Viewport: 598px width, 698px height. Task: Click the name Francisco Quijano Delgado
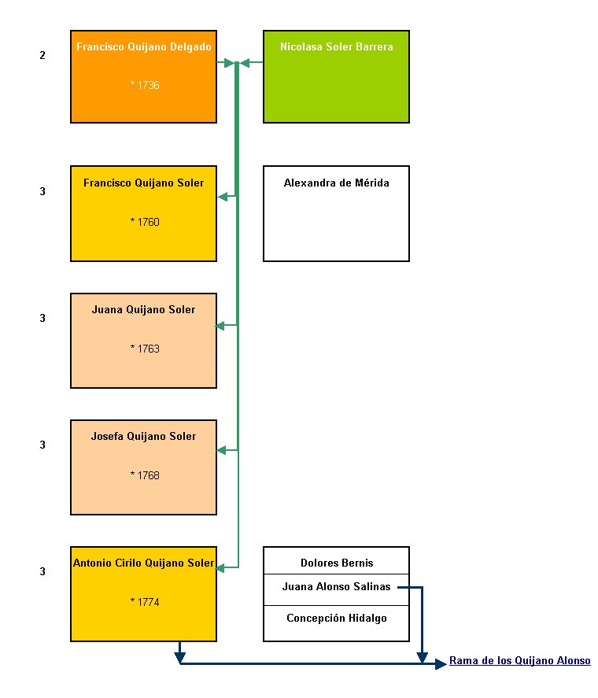[x=143, y=46]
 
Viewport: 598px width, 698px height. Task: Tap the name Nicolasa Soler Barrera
[x=336, y=46]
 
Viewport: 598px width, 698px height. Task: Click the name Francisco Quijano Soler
[x=143, y=183]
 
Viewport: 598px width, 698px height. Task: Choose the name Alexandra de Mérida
[x=336, y=183]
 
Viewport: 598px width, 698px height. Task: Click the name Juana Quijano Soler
[x=143, y=310]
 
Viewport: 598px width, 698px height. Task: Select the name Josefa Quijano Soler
[x=143, y=436]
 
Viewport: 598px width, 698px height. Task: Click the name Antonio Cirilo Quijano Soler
[x=143, y=563]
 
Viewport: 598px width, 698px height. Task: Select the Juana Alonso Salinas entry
[x=336, y=587]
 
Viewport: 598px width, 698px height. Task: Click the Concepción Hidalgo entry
[x=336, y=618]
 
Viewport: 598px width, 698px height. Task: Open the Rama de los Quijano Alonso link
[x=519, y=660]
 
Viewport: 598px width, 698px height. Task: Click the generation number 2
[x=42, y=55]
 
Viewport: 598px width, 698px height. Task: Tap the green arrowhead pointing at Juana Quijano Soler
[x=220, y=327]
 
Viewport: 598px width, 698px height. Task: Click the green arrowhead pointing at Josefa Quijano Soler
[x=221, y=450]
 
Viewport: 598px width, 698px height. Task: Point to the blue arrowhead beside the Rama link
[x=441, y=664]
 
